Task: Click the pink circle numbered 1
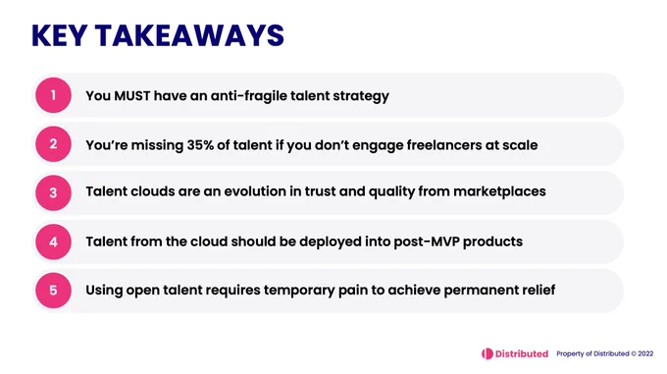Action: (x=53, y=95)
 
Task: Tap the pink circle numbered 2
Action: (x=53, y=144)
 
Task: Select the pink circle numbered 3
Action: (x=53, y=192)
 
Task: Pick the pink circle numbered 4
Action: (x=53, y=241)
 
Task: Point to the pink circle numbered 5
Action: (x=53, y=291)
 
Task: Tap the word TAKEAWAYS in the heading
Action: (x=189, y=35)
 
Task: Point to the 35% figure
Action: (x=200, y=145)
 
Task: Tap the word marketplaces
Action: (x=499, y=191)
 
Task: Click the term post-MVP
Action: (x=427, y=242)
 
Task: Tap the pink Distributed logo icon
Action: (x=487, y=353)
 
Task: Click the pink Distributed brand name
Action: (x=522, y=353)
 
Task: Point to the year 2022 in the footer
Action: (x=645, y=353)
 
